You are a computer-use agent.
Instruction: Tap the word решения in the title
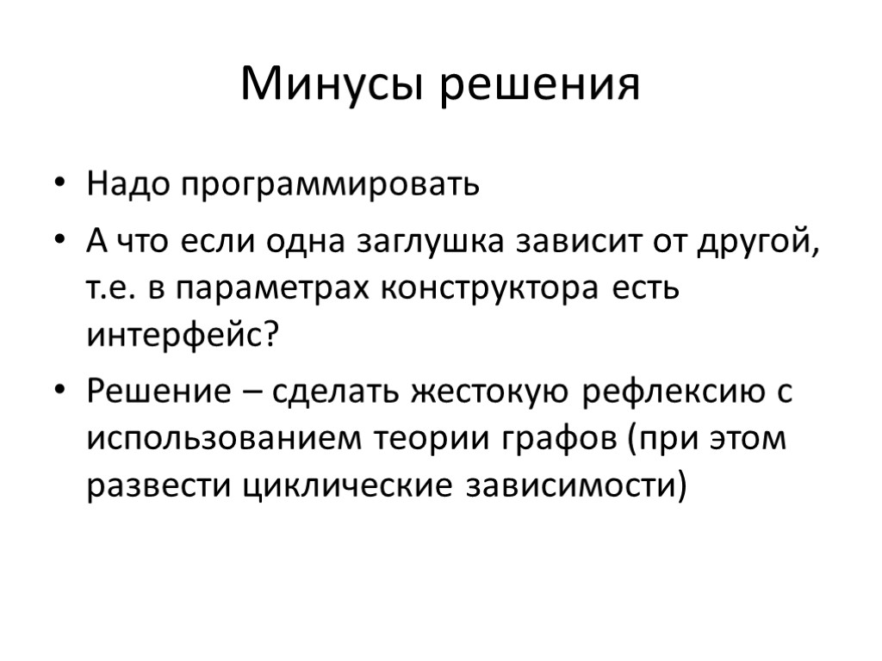tap(542, 85)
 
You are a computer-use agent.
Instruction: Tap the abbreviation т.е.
tap(111, 289)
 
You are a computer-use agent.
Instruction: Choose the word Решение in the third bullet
tap(158, 392)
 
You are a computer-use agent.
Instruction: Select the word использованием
tap(225, 439)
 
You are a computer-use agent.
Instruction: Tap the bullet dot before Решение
tap(59, 392)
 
